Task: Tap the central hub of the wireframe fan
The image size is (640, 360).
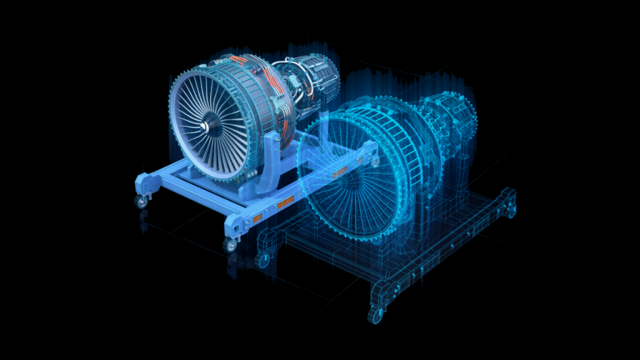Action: pos(354,181)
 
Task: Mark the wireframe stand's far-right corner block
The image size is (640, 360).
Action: pos(510,200)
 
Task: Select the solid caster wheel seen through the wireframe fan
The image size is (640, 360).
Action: pos(374,162)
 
